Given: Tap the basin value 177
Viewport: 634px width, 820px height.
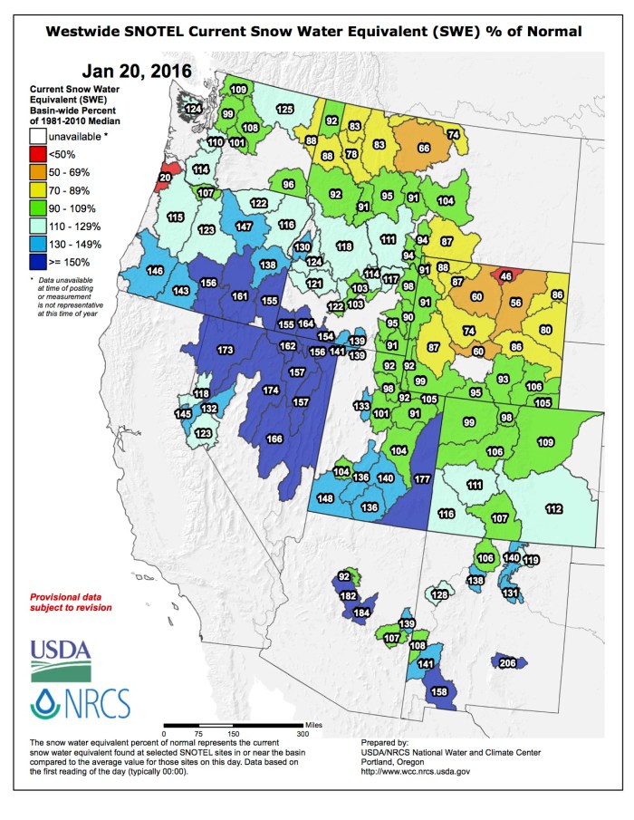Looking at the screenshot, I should (x=421, y=478).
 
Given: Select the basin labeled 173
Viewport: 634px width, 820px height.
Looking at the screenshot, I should (x=226, y=350).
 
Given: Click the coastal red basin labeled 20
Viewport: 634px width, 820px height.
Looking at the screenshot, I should (x=165, y=178).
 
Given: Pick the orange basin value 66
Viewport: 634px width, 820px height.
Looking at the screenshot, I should (x=422, y=148).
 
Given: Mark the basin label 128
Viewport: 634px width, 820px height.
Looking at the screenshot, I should (x=439, y=595).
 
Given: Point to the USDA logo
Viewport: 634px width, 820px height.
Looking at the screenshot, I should (x=61, y=661).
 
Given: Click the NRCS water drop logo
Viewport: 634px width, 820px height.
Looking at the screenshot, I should (x=81, y=703).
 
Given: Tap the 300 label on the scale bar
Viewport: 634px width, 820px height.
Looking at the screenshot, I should (x=303, y=733).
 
